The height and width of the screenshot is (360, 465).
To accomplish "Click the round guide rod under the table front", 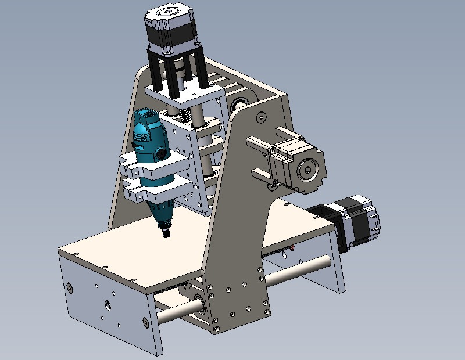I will (x=174, y=314).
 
